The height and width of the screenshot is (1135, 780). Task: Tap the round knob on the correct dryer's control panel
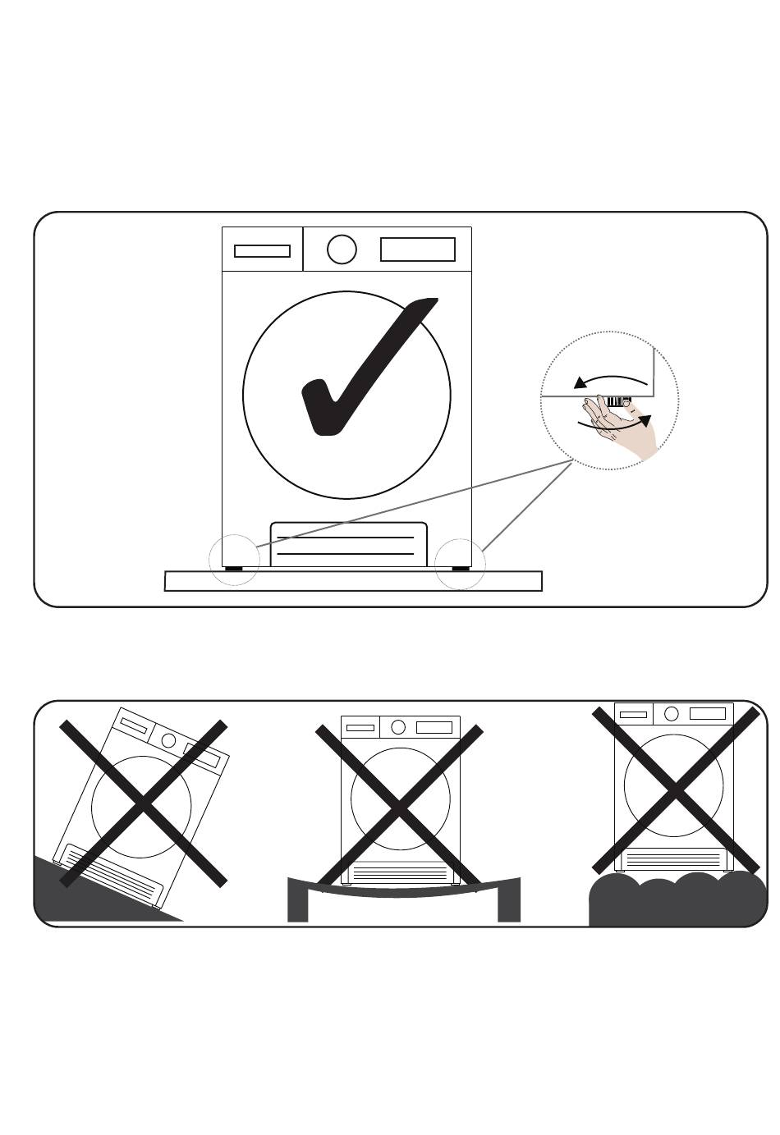342,249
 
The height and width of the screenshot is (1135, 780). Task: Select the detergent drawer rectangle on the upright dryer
262,251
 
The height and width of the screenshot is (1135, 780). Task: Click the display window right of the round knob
418,249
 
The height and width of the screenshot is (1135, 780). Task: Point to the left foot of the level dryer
235,567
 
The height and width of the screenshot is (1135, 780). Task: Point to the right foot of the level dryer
459,567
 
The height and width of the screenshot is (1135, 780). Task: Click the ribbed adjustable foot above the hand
615,403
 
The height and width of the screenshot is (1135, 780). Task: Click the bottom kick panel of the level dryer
348,543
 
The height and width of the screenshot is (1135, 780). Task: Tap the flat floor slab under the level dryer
353,581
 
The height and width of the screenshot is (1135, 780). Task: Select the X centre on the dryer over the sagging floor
398,808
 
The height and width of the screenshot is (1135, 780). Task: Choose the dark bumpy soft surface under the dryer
677,901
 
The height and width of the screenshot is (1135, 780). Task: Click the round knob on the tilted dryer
169,739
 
